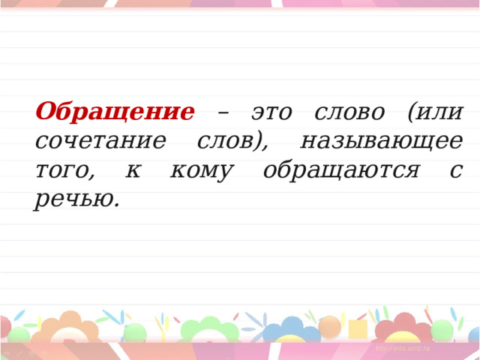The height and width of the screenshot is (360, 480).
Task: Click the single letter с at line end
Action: click(x=456, y=170)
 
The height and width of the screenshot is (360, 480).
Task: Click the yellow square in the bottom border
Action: click(x=357, y=329)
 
